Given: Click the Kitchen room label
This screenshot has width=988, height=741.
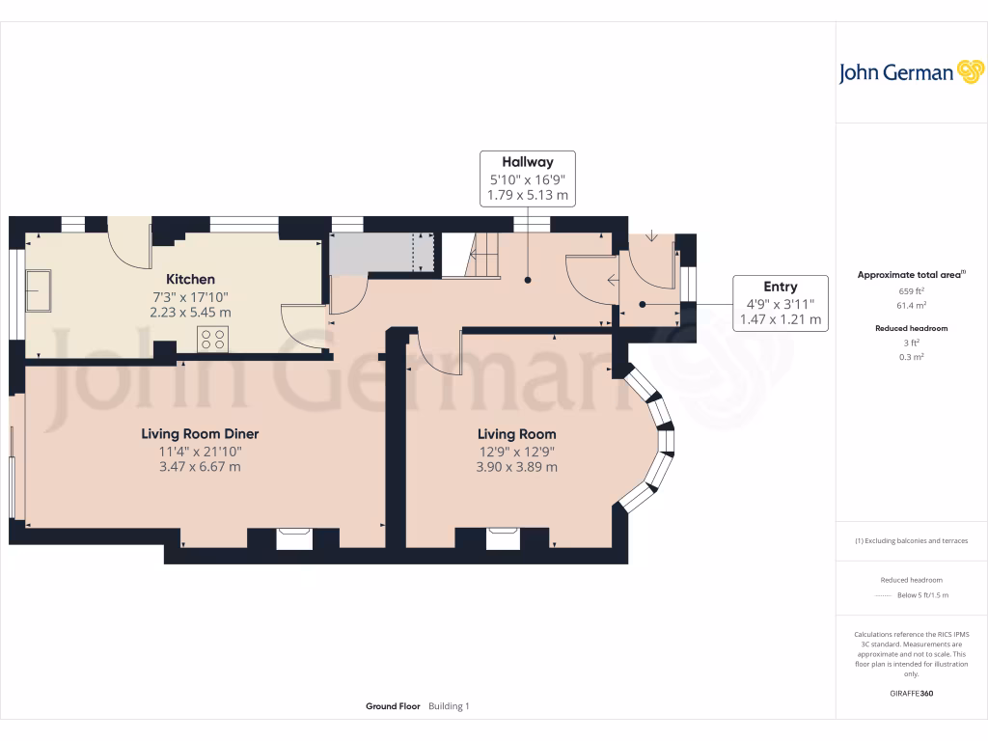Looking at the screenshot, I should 190,280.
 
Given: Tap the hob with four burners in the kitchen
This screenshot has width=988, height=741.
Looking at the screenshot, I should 212,339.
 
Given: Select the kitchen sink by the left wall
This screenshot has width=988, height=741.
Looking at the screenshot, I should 40,291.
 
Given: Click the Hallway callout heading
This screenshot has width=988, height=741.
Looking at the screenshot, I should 528,162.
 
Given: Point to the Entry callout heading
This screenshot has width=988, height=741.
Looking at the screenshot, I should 780,287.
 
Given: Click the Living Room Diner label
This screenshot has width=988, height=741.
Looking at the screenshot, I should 201,434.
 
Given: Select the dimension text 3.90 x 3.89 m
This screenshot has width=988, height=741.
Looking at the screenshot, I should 517,467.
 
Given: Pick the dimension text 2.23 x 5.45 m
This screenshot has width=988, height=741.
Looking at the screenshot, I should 190,313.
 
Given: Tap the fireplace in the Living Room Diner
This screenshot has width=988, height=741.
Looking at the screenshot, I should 294,536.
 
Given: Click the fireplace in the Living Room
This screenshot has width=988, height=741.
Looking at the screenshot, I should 503,536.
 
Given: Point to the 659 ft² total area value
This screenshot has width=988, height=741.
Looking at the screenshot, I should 910,289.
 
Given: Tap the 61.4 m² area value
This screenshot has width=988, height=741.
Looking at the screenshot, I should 910,305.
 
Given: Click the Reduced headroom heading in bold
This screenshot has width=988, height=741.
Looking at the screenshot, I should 910,328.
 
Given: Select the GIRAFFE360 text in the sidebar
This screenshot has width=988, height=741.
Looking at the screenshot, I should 910,694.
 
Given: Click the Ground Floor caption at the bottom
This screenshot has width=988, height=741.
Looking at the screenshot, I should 393,706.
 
